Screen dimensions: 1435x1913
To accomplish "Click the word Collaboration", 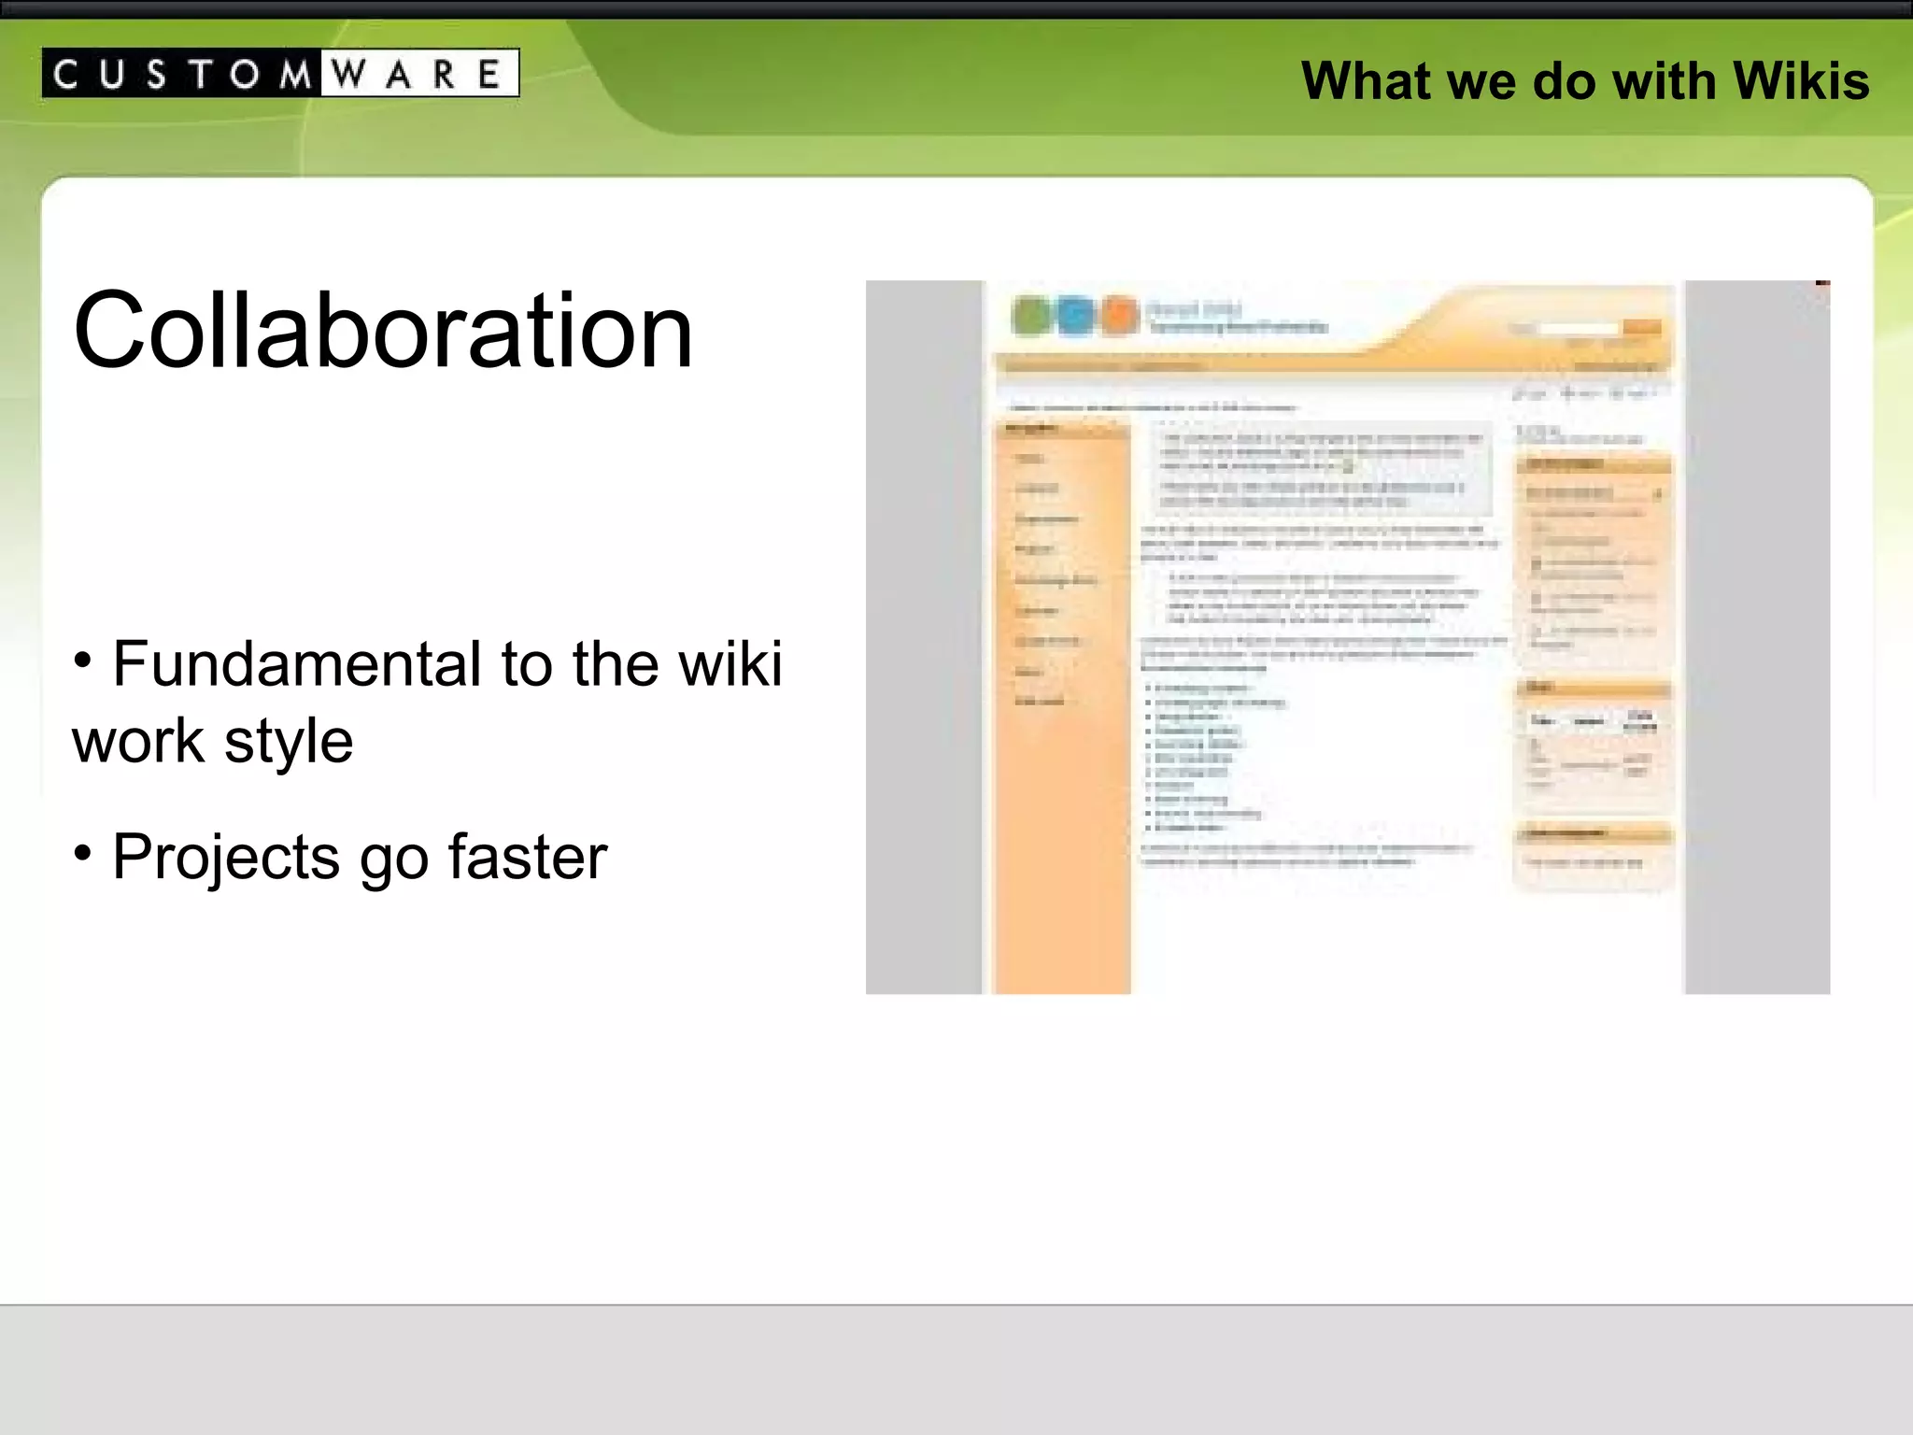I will coord(383,331).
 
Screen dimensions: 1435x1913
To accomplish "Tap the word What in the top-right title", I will coord(1367,81).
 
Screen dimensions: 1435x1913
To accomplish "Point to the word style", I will coord(289,742).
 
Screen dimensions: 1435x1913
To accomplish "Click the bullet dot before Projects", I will coord(83,853).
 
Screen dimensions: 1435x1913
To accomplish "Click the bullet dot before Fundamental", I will coord(83,661).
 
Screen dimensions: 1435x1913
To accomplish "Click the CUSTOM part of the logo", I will coord(182,74).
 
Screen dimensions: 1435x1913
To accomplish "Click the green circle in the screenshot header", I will coord(1031,316).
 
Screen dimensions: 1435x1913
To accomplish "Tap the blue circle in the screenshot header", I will coord(1075,316).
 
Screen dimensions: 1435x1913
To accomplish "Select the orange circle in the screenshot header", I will coord(1118,316).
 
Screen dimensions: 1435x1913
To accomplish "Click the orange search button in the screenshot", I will coord(1641,328).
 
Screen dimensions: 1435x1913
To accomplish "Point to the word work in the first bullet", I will coord(138,742).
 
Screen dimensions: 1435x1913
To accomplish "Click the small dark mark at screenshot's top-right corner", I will coord(1822,282).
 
